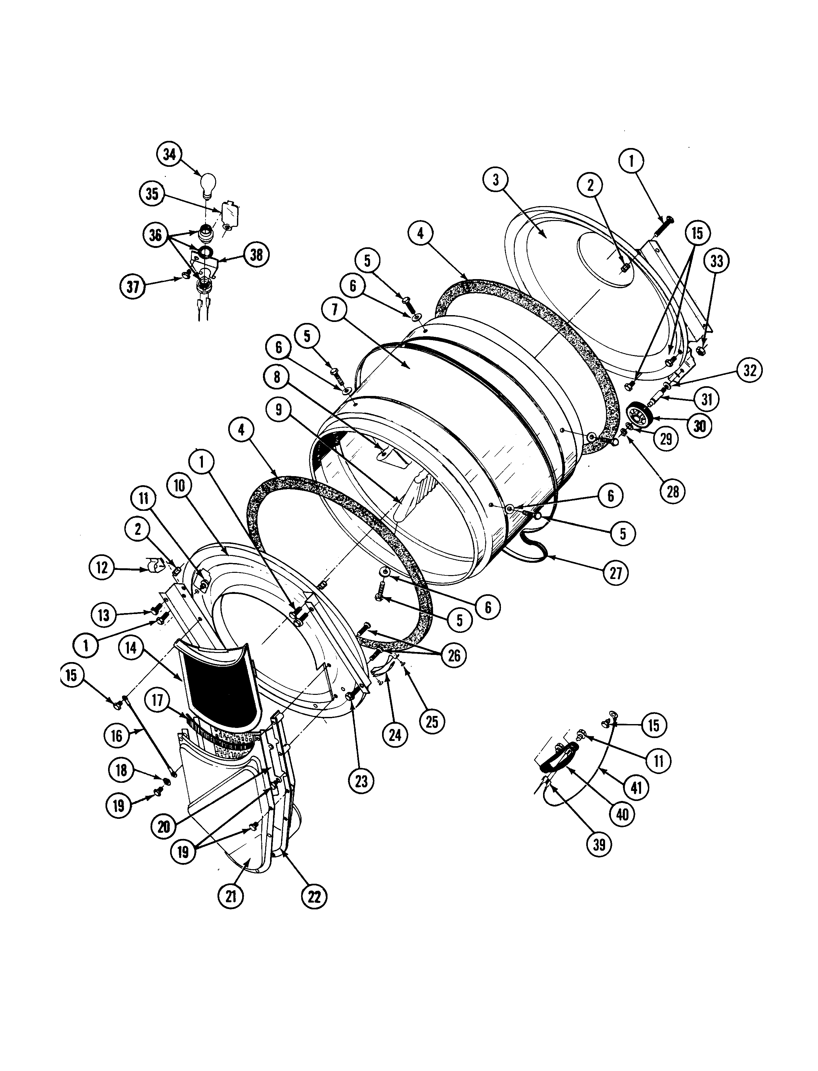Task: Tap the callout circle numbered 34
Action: pyautogui.click(x=169, y=155)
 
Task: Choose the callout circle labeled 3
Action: pyautogui.click(x=496, y=180)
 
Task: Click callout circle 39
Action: pyautogui.click(x=599, y=844)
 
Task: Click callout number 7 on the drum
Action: pyautogui.click(x=334, y=311)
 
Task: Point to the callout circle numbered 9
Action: pyautogui.click(x=279, y=410)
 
